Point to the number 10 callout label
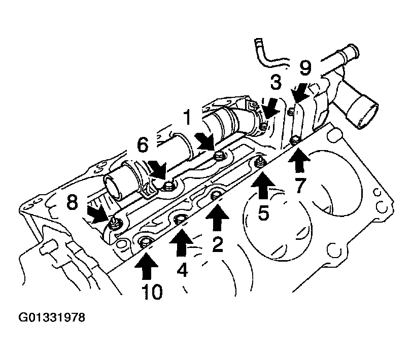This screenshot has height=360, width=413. (x=152, y=292)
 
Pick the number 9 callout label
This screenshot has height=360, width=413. (x=305, y=67)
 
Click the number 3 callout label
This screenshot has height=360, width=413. (x=276, y=82)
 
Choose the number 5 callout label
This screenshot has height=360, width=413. (x=263, y=212)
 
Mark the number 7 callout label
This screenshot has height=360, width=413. (x=299, y=186)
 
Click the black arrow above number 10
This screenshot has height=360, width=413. (x=147, y=266)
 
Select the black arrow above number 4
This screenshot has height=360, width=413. (x=181, y=243)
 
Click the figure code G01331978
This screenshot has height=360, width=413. (x=52, y=317)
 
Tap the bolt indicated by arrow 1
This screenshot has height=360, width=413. (x=218, y=156)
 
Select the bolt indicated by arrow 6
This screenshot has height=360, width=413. (x=167, y=187)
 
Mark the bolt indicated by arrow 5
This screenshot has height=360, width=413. (x=259, y=163)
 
